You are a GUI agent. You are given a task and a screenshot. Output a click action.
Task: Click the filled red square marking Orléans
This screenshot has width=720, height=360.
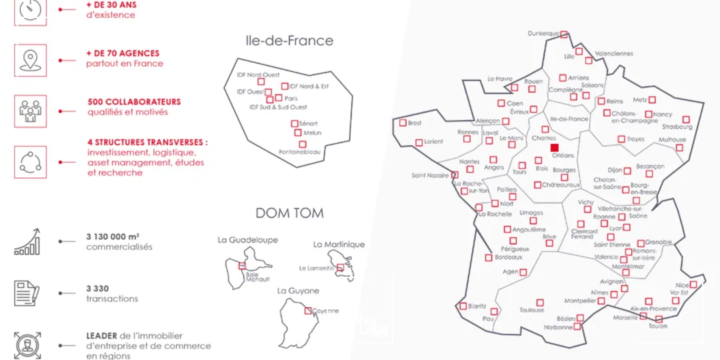coord(555,147)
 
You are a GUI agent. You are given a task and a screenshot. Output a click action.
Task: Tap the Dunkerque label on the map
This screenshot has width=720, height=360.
coord(543,33)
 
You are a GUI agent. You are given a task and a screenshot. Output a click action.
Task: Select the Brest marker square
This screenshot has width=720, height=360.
coord(403,123)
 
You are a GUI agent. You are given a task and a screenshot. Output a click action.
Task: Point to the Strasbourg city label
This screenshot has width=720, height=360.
coord(677,127)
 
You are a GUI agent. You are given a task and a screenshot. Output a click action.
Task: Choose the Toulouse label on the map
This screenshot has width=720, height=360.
coord(532,310)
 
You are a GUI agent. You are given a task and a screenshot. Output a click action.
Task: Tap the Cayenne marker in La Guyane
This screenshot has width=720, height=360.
coord(308,310)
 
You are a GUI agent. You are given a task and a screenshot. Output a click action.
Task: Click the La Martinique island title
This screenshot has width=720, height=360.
coord(339,244)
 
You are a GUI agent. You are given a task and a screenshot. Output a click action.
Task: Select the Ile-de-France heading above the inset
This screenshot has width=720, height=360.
coord(289,41)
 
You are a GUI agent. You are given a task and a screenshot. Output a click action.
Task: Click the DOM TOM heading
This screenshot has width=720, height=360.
coord(289,213)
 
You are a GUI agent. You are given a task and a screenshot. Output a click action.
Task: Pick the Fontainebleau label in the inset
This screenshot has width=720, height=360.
coord(297,152)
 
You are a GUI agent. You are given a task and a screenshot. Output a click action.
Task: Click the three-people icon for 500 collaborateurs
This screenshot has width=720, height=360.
coord(30,110)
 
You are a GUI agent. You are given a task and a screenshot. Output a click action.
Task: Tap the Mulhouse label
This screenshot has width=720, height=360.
coord(672,140)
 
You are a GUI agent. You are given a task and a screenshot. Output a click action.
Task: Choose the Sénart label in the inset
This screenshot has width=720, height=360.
coord(309,123)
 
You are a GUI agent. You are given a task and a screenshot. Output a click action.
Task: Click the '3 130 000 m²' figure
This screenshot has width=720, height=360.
coord(113,236)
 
